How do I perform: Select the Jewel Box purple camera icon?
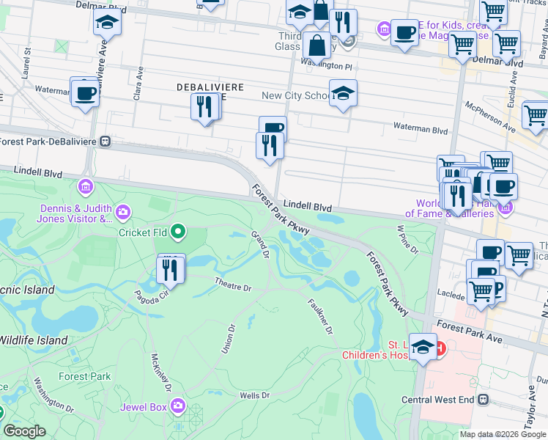(x=177, y=406)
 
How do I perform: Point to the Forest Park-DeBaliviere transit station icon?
(x=106, y=141)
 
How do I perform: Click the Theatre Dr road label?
(x=233, y=282)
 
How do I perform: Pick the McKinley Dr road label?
(x=161, y=372)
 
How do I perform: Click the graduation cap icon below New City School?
(x=342, y=94)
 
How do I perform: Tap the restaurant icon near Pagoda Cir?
(x=171, y=269)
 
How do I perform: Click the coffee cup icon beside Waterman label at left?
(x=85, y=94)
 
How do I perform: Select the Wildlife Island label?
(x=34, y=340)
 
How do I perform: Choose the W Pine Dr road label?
(x=407, y=239)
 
